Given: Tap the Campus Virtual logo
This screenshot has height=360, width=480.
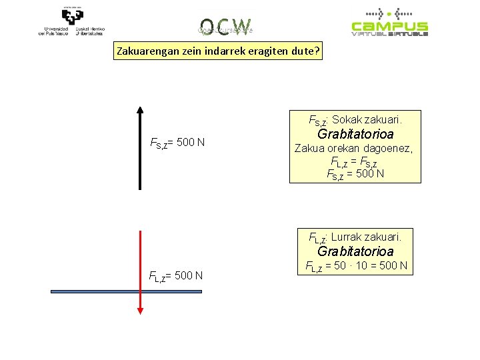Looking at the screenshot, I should pyautogui.click(x=389, y=22).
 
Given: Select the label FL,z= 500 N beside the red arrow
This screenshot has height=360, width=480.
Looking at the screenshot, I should pyautogui.click(x=176, y=276).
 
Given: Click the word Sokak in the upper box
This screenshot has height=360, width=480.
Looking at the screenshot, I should pyautogui.click(x=347, y=120).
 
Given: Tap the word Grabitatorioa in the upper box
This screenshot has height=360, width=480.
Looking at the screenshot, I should pyautogui.click(x=355, y=134).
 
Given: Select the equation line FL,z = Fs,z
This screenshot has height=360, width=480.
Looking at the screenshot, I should pyautogui.click(x=355, y=161).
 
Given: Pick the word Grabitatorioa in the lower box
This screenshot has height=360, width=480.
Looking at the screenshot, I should pyautogui.click(x=355, y=251).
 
